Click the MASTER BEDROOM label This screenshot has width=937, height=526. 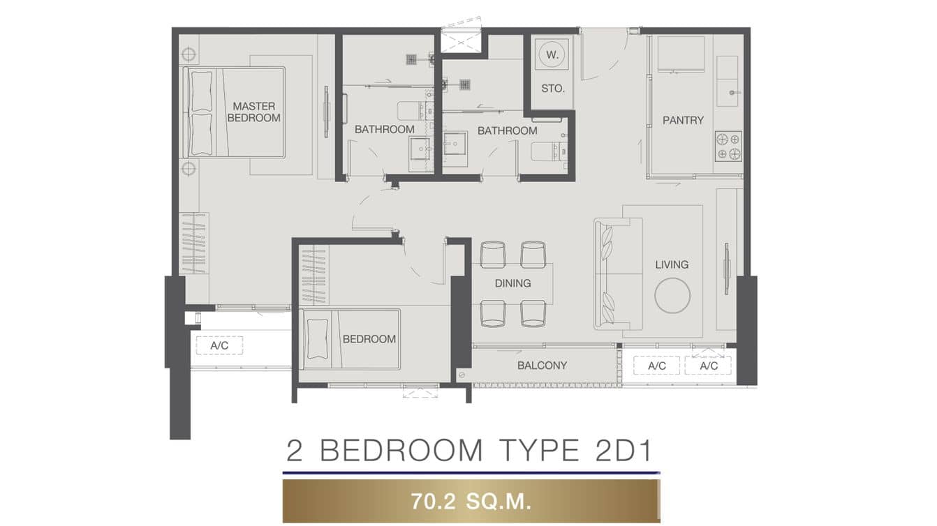coord(254,112)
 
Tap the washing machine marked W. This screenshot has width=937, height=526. coord(551,54)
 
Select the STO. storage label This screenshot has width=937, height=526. coord(553,89)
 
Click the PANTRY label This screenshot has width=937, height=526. coord(683,120)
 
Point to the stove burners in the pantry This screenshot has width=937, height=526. coord(728,146)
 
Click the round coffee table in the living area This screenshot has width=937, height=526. coord(672,295)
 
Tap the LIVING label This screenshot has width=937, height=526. coord(672,264)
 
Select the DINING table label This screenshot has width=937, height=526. coord(512,283)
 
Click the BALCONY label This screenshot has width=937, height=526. coord(542,366)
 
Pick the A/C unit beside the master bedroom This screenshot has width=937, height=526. coord(219,345)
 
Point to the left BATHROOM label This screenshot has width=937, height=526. coord(384,129)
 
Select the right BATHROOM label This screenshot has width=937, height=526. coord(507,130)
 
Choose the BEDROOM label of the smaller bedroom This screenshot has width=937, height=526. coord(369,339)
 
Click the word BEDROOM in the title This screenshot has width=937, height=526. coord(401,451)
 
